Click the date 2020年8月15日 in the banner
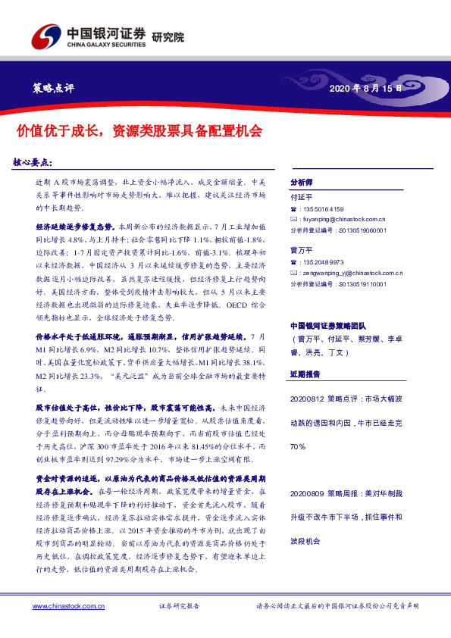coord(367,89)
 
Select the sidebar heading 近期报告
coord(307,374)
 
